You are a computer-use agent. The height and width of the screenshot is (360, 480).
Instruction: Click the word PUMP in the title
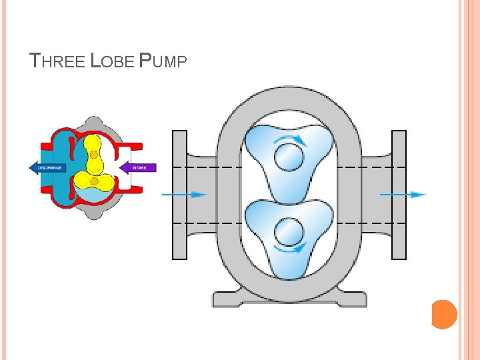(163, 61)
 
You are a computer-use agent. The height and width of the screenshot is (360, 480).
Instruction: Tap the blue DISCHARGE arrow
(47, 167)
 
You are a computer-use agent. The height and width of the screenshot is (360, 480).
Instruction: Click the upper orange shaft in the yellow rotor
(94, 155)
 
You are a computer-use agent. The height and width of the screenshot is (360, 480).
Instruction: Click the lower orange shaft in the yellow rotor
(95, 181)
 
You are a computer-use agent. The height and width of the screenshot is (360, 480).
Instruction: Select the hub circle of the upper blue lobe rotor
(289, 159)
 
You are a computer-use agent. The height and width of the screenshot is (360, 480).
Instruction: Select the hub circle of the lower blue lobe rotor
(289, 231)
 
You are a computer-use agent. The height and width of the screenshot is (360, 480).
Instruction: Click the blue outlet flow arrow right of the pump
(403, 195)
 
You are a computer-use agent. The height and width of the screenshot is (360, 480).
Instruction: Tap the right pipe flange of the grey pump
(399, 194)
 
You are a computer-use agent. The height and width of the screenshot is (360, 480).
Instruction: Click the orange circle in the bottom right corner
(445, 314)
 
